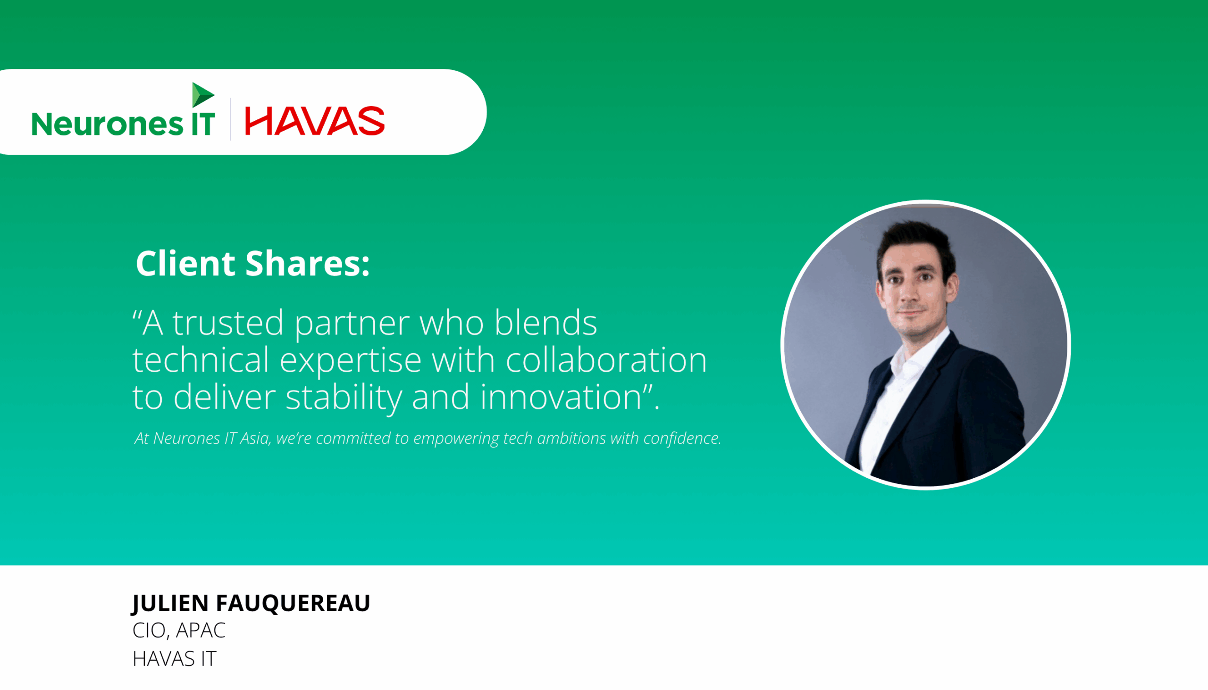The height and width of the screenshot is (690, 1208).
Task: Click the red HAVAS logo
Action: click(314, 121)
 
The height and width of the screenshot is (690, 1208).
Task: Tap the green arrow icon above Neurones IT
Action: click(202, 94)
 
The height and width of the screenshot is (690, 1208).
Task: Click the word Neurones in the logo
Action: click(107, 124)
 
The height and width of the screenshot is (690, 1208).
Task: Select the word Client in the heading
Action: click(185, 264)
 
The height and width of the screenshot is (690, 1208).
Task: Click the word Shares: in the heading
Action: click(307, 264)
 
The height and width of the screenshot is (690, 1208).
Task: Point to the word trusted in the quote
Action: click(227, 323)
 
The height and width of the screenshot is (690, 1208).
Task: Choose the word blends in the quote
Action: click(545, 323)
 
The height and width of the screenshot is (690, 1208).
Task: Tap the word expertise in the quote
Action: click(350, 360)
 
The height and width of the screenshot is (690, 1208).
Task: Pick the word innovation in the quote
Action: click(561, 397)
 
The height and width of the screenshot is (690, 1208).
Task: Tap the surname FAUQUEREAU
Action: click(293, 603)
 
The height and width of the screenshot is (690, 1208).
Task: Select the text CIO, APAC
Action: click(179, 631)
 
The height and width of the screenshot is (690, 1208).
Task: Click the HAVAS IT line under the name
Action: click(174, 659)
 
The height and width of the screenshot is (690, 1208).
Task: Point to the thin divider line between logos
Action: click(230, 119)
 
